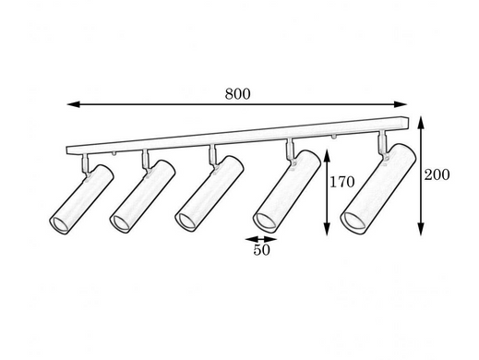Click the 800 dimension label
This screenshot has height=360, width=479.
click(237, 94)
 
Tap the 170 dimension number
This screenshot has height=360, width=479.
click(342, 182)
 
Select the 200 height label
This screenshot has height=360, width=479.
click(437, 174)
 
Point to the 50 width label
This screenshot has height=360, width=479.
click(261, 250)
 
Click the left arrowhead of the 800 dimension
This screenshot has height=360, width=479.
click(74, 104)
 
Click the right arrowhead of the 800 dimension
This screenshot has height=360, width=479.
click(401, 104)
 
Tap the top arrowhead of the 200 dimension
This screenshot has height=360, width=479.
click(421, 123)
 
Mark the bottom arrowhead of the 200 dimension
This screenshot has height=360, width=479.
click(421, 229)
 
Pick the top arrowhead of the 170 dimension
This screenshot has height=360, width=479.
click(327, 156)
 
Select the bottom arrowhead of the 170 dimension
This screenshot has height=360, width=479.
click(327, 229)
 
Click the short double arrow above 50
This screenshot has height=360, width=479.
click(261, 239)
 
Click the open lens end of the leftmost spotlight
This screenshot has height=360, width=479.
click(59, 224)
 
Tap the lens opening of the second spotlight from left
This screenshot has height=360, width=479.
click(120, 222)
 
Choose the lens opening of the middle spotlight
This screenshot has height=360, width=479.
click(186, 222)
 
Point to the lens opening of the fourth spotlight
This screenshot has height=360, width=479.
click(265, 222)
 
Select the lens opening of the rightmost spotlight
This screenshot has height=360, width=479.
click(353, 222)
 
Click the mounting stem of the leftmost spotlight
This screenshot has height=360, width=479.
click(85, 163)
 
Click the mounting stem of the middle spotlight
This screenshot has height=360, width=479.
click(212, 155)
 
